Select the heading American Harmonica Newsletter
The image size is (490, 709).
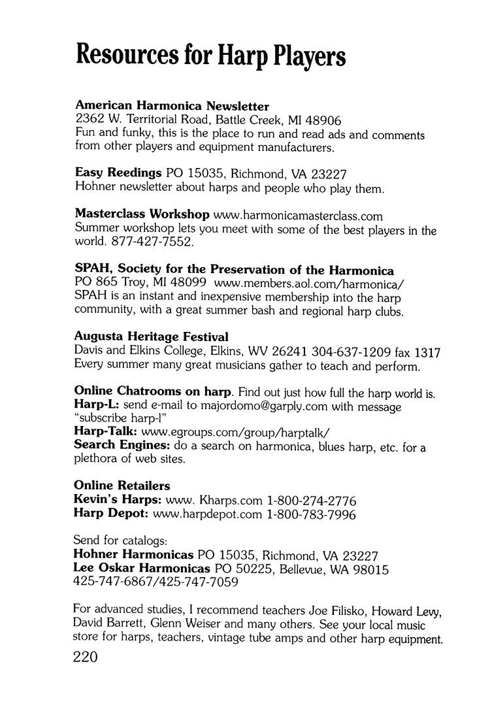coord(172,106)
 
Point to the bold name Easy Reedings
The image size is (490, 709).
coord(118,174)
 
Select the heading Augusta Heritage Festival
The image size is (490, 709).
coord(152,337)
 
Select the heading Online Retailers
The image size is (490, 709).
coord(122,486)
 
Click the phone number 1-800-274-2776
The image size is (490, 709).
coord(312,501)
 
